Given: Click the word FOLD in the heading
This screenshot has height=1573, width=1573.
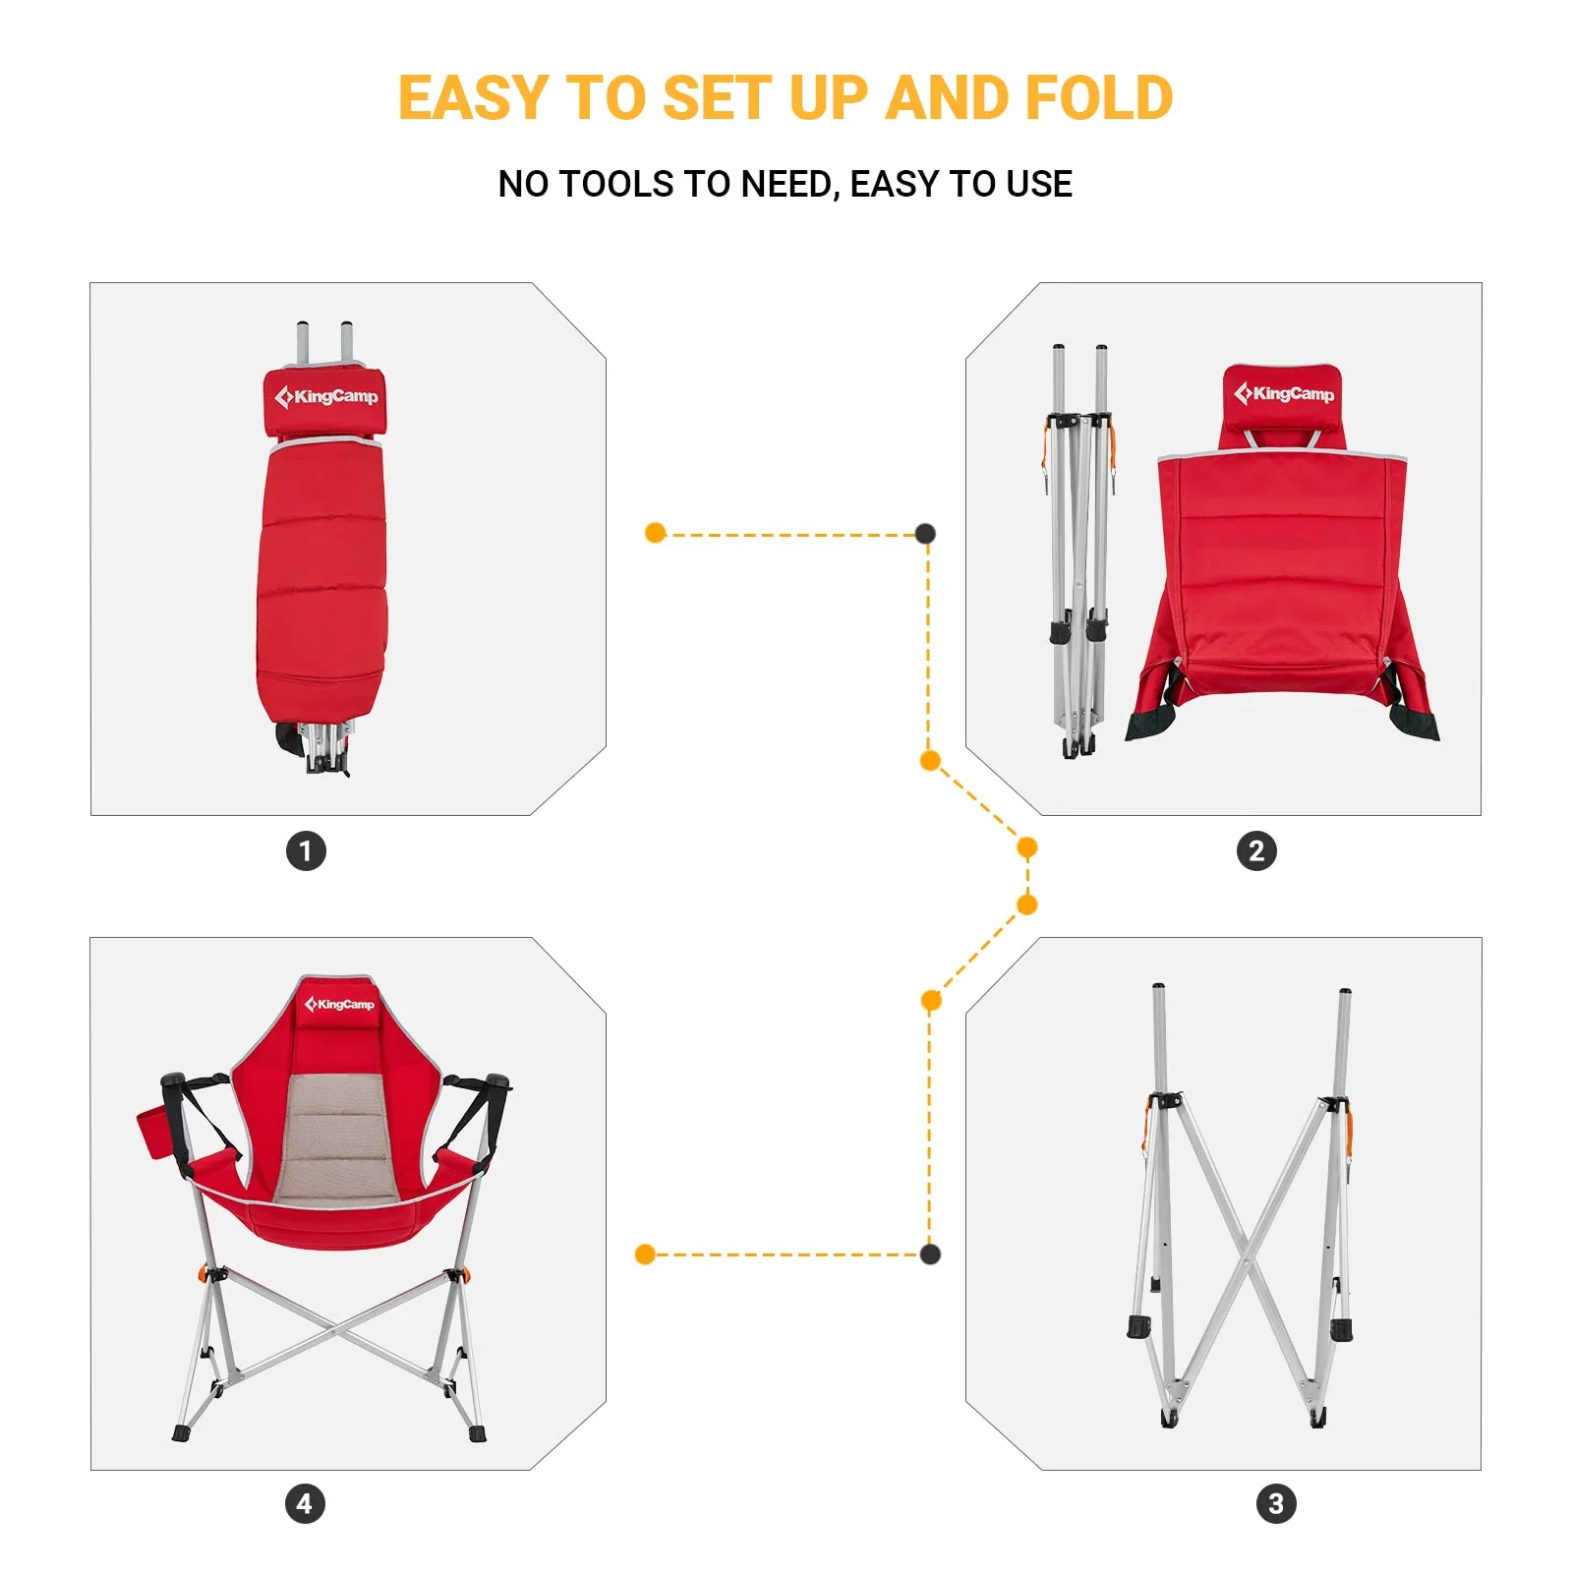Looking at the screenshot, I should coord(1098,98).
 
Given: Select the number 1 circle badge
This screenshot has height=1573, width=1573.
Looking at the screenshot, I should coord(306,850).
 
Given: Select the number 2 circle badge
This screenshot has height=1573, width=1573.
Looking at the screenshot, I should coord(1256,850).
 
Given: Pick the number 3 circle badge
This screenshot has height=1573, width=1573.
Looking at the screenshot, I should coord(1276,1503).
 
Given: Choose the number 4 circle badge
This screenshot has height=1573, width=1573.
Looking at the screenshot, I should coord(305,1503).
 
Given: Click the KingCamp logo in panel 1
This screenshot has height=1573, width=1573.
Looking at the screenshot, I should coord(325,396).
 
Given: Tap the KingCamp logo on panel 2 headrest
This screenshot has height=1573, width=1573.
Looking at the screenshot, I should coord(1284,393).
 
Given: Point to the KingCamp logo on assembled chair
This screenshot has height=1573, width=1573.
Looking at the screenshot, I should coord(339,1004).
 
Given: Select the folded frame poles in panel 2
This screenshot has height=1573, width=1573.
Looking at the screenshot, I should coord(1078,551).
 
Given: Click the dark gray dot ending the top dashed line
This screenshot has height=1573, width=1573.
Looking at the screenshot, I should coord(925,534).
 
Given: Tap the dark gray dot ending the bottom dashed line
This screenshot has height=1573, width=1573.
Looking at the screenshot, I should coord(930,1253).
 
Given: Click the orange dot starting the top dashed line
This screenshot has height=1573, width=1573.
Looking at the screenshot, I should coord(656,533).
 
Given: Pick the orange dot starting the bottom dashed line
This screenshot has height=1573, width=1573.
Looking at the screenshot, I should coord(645,1253).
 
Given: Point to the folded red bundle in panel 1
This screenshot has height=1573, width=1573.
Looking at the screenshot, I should coord(321,580).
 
